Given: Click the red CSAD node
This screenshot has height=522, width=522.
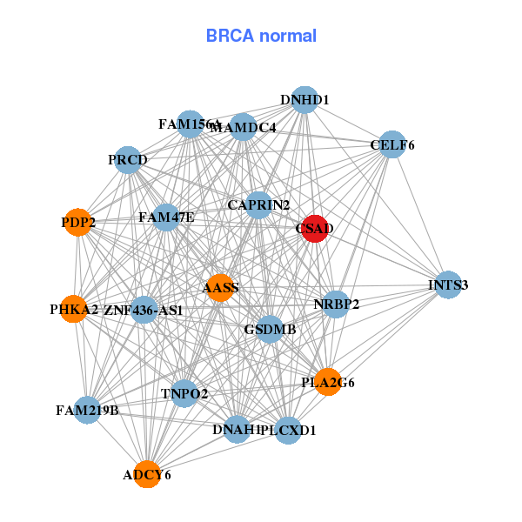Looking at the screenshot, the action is [314, 229].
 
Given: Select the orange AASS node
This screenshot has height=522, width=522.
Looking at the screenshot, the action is [221, 288].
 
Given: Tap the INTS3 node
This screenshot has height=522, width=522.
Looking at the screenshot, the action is [447, 284].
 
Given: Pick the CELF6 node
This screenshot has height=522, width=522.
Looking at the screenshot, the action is [392, 144].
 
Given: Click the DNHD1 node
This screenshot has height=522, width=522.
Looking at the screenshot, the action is [304, 100].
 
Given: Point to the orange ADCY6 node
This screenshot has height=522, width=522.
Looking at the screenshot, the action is [147, 474].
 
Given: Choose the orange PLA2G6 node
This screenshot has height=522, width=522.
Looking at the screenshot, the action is [327, 382].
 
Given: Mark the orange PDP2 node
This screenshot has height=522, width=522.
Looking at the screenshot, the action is [78, 222].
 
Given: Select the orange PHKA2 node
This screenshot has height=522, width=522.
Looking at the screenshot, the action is [74, 309].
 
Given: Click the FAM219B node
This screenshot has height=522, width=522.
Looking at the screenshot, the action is [87, 409].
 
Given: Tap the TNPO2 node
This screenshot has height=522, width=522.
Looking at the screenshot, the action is [184, 394].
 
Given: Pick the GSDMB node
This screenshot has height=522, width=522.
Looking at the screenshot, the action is [270, 330].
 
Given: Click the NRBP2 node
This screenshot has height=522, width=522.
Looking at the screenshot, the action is [336, 304].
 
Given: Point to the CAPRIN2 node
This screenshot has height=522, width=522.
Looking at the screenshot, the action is [258, 205].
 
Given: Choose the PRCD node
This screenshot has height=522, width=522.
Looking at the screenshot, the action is [128, 160].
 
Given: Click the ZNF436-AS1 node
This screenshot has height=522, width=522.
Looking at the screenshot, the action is [144, 310].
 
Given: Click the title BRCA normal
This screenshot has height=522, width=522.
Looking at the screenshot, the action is [261, 36].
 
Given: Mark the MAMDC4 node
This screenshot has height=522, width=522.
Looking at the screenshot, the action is [243, 128].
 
